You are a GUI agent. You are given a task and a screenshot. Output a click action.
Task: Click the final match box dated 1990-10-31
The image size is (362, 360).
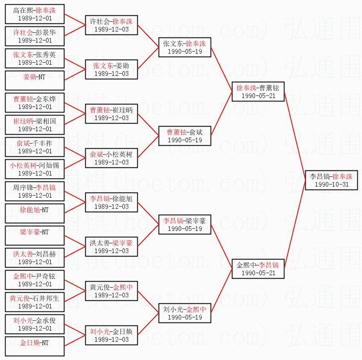tap(331, 180)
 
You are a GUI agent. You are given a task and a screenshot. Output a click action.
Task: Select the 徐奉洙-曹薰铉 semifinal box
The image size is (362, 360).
tap(258, 92)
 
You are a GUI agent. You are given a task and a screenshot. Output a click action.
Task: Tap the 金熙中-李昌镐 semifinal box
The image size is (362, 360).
tap(258, 269)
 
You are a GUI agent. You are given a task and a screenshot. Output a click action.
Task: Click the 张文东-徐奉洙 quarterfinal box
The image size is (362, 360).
tap(185, 47)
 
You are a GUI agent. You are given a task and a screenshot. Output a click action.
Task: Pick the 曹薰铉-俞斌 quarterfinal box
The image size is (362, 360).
tap(185, 136)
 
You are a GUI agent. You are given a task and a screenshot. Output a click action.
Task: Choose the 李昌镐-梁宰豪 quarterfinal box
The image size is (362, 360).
tap(185, 225)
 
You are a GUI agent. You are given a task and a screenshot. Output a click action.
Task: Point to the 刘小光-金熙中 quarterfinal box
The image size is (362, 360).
tap(185, 313)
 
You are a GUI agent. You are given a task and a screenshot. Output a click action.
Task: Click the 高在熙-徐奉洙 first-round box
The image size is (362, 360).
tap(35, 14)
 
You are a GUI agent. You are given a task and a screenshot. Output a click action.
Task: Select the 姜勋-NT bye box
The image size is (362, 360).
tap(35, 81)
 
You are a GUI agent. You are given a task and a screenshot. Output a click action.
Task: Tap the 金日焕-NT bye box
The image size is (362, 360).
tap(35, 346)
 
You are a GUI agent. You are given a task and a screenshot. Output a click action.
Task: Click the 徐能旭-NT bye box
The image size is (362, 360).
tap(35, 213)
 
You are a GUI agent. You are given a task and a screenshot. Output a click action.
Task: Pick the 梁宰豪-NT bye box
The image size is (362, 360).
tap(35, 236)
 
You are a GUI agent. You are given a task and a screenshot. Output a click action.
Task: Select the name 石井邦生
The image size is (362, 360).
tap(46, 298)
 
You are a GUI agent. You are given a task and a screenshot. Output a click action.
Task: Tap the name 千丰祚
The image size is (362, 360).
tap(42, 143)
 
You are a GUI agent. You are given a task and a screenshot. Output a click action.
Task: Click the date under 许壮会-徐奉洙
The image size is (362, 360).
tap(112, 29)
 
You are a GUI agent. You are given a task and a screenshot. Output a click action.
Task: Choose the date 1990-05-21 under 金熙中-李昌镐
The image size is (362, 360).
tap(258, 273)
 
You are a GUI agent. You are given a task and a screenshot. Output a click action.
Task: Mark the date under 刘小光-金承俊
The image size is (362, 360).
tap(35, 328)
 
